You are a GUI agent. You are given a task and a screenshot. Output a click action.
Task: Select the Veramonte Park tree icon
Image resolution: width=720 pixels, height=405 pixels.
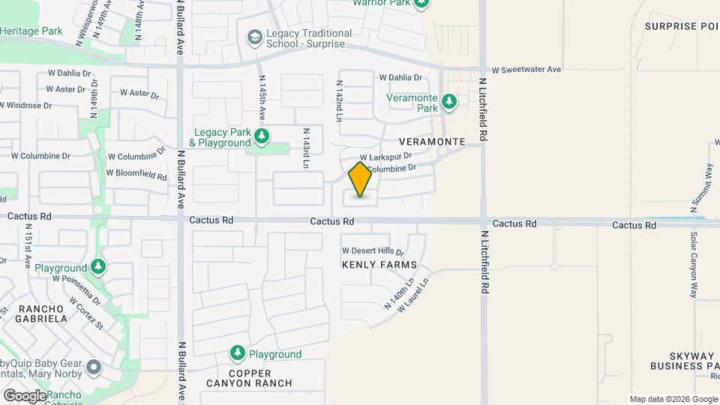click(448, 101)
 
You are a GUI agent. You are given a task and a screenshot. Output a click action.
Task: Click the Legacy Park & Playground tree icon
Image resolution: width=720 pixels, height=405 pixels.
click(262, 136)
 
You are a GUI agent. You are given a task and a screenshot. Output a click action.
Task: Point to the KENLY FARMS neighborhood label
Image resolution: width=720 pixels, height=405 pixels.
click(379, 265)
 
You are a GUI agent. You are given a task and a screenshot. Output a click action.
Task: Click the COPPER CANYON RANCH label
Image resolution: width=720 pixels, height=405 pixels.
click(250, 377)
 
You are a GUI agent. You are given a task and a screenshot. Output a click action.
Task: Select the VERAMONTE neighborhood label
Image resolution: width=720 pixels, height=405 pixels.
click(433, 142)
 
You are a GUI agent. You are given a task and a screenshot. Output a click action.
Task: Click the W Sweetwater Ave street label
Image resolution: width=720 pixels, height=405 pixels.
click(526, 70)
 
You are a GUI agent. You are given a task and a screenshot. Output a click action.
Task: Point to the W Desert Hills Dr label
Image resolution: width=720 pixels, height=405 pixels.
click(373, 250)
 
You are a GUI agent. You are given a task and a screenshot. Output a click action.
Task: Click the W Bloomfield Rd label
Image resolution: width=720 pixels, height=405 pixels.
click(136, 174)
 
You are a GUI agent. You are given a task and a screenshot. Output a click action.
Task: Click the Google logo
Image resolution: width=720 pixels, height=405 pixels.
click(25, 395)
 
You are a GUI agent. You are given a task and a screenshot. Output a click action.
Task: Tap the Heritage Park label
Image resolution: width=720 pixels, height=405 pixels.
click(31, 31)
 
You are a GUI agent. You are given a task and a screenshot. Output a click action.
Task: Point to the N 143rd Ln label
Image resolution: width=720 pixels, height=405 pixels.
click(306, 148)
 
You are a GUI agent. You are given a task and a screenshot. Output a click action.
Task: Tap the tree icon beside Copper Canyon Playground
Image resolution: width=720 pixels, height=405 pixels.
click(238, 352)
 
